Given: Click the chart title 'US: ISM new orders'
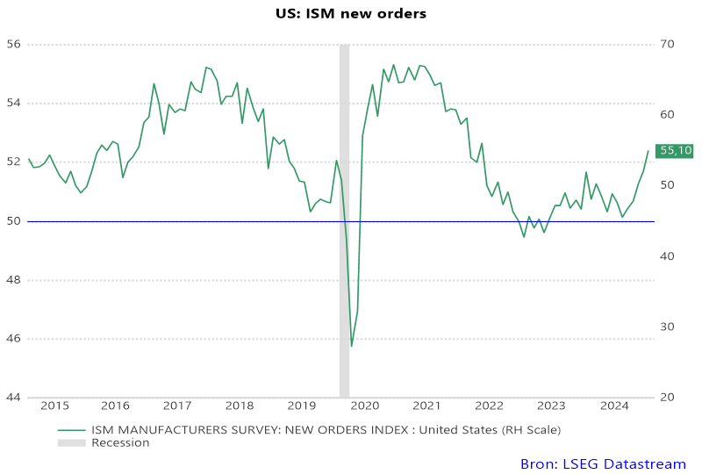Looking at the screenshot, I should [x=351, y=14].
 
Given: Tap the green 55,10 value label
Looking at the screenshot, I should [x=676, y=151].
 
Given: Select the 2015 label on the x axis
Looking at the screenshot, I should [x=54, y=406].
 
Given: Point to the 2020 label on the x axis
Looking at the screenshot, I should [x=364, y=406].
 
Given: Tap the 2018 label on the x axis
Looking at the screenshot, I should [x=240, y=406].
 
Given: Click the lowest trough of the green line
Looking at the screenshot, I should [x=352, y=346].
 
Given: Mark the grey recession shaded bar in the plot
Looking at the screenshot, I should [x=344, y=219].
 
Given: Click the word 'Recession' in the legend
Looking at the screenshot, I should [x=120, y=443].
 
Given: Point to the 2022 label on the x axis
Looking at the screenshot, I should [x=489, y=406].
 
